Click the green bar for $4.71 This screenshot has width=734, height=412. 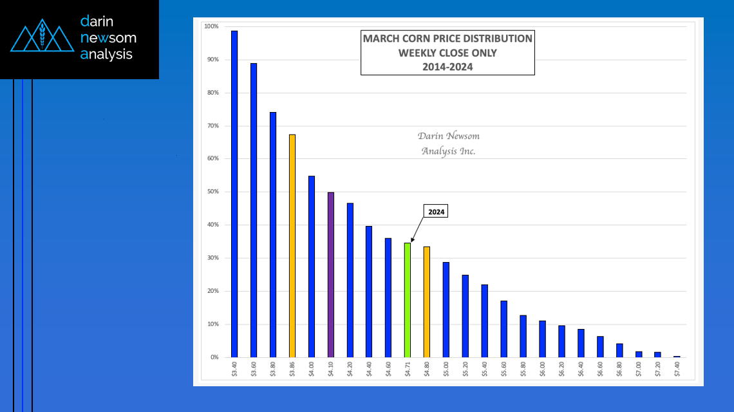tap(407, 300)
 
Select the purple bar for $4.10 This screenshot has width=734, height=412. tap(330, 275)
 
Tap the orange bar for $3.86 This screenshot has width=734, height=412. tap(292, 246)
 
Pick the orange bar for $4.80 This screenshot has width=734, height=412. tap(426, 302)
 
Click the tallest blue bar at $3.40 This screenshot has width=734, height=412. tap(234, 194)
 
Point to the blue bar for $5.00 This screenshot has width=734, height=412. tap(446, 310)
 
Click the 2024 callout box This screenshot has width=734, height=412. tap(435, 212)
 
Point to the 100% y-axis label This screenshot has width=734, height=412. tap(211, 26)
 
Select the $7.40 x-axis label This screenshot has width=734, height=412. tap(677, 369)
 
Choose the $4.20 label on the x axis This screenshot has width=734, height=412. tap(350, 369)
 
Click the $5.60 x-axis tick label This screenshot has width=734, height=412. tap(503, 369)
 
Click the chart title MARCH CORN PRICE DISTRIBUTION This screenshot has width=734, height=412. tap(447, 39)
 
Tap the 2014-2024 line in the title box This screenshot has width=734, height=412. tap(447, 67)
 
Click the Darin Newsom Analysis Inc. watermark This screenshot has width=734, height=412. tap(448, 144)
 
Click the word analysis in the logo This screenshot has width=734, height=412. tap(106, 55)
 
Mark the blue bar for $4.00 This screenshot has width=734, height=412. tap(312, 267)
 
